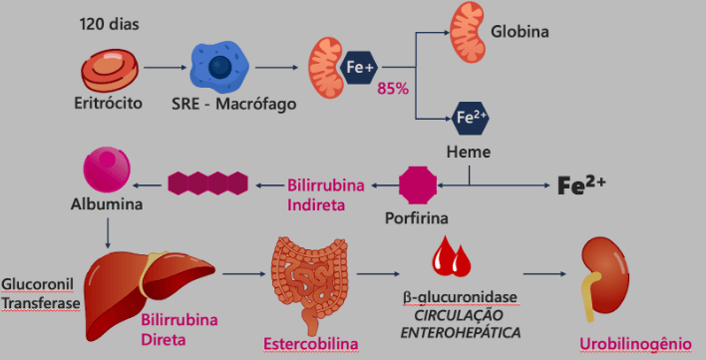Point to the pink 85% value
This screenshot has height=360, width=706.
393,89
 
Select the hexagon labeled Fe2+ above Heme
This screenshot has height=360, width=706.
471,118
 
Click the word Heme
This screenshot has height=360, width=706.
467,153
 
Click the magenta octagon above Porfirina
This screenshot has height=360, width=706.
419,184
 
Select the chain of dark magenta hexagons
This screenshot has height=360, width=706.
208,182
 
